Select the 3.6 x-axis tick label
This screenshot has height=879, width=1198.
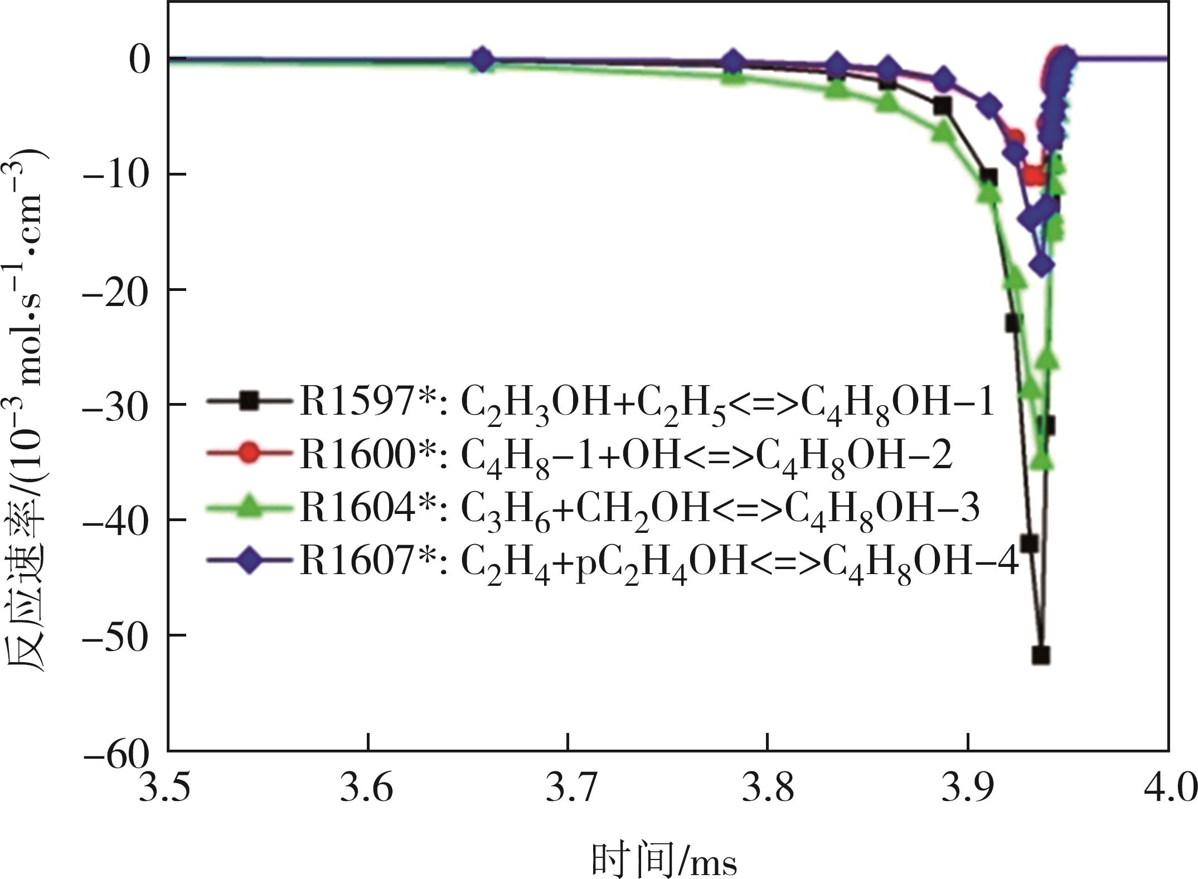point(366,789)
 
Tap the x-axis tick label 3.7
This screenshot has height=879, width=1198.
point(567,789)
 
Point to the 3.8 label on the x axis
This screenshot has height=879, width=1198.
point(768,789)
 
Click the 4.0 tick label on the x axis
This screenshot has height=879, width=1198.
point(1168,789)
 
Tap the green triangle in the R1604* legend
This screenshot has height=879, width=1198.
point(249,507)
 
